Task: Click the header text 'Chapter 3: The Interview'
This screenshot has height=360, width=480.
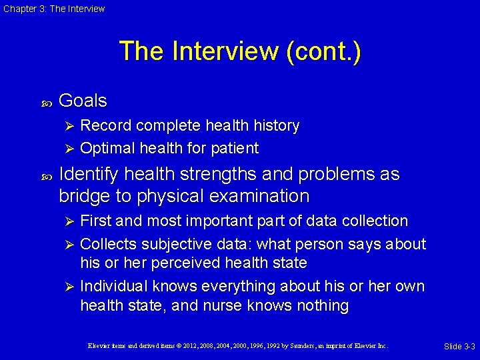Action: [54, 9]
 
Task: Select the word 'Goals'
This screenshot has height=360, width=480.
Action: [83, 101]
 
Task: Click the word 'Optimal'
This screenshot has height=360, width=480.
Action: [107, 148]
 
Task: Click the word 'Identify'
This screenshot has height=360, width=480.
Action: [89, 175]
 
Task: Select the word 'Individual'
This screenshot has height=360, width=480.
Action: [114, 286]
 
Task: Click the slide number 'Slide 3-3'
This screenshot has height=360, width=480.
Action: [459, 347]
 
